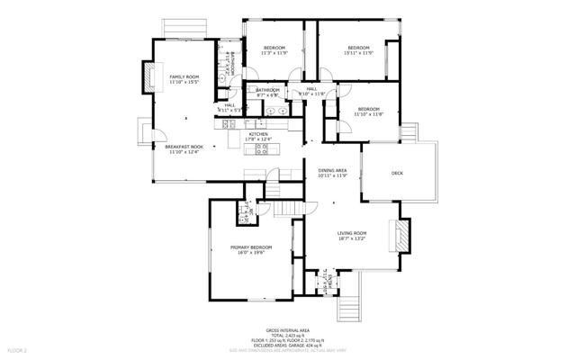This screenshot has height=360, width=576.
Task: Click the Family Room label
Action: [184, 77]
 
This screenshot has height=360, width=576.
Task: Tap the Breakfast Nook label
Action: [184, 147]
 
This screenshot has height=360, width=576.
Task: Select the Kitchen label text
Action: [258, 134]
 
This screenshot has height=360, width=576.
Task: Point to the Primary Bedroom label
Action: [251, 247]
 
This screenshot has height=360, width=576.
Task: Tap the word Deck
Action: [397, 173]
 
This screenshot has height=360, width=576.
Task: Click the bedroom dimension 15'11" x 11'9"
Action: [358, 54]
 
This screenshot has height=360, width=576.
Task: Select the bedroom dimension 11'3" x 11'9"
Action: [274, 54]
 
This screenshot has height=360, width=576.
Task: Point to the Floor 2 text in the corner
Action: [18, 349]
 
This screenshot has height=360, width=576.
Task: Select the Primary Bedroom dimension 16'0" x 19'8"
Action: [251, 253]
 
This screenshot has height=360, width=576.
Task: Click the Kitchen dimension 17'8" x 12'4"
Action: [258, 139]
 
